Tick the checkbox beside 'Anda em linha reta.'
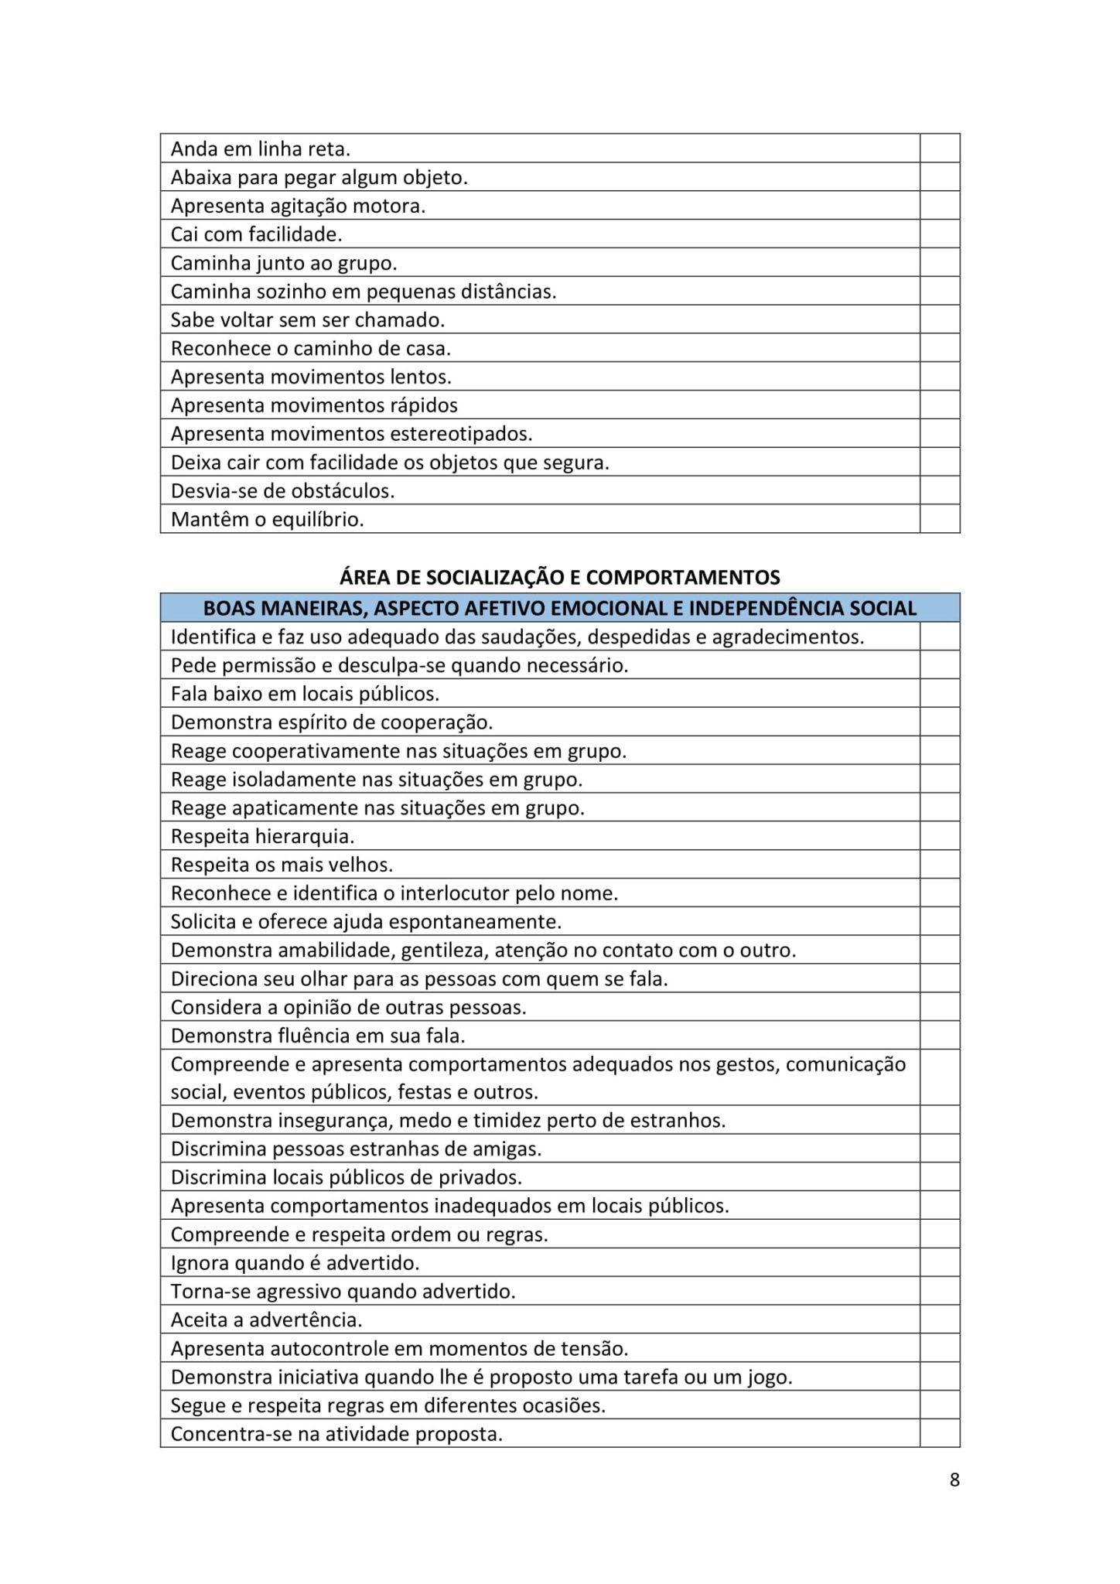(x=940, y=148)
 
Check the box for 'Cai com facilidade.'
(x=940, y=234)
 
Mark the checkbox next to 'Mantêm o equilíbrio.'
(x=940, y=519)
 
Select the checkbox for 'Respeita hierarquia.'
(x=940, y=836)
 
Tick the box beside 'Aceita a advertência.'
(x=940, y=1319)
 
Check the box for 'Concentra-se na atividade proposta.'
(x=940, y=1434)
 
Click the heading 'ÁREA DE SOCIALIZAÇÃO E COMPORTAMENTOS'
(x=560, y=577)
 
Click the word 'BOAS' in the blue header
(x=228, y=609)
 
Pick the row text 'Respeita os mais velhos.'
(x=282, y=865)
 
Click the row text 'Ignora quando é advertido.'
(x=295, y=1263)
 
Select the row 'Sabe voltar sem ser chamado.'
(x=307, y=320)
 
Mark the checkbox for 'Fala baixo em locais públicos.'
(x=940, y=694)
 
